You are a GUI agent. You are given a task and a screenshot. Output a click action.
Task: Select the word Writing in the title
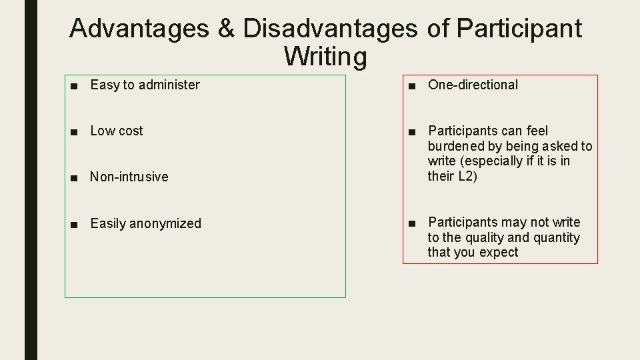[x=325, y=57]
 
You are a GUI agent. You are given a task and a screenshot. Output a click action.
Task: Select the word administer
[x=169, y=85]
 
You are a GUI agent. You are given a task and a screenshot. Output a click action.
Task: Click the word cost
[x=131, y=131]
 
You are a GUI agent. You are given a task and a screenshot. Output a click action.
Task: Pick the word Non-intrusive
[x=129, y=177]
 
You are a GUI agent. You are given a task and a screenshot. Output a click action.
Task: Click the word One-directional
[x=473, y=85]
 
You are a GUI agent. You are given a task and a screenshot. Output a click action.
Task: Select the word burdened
[x=456, y=146]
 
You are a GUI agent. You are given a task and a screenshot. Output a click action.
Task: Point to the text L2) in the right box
[x=466, y=176]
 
